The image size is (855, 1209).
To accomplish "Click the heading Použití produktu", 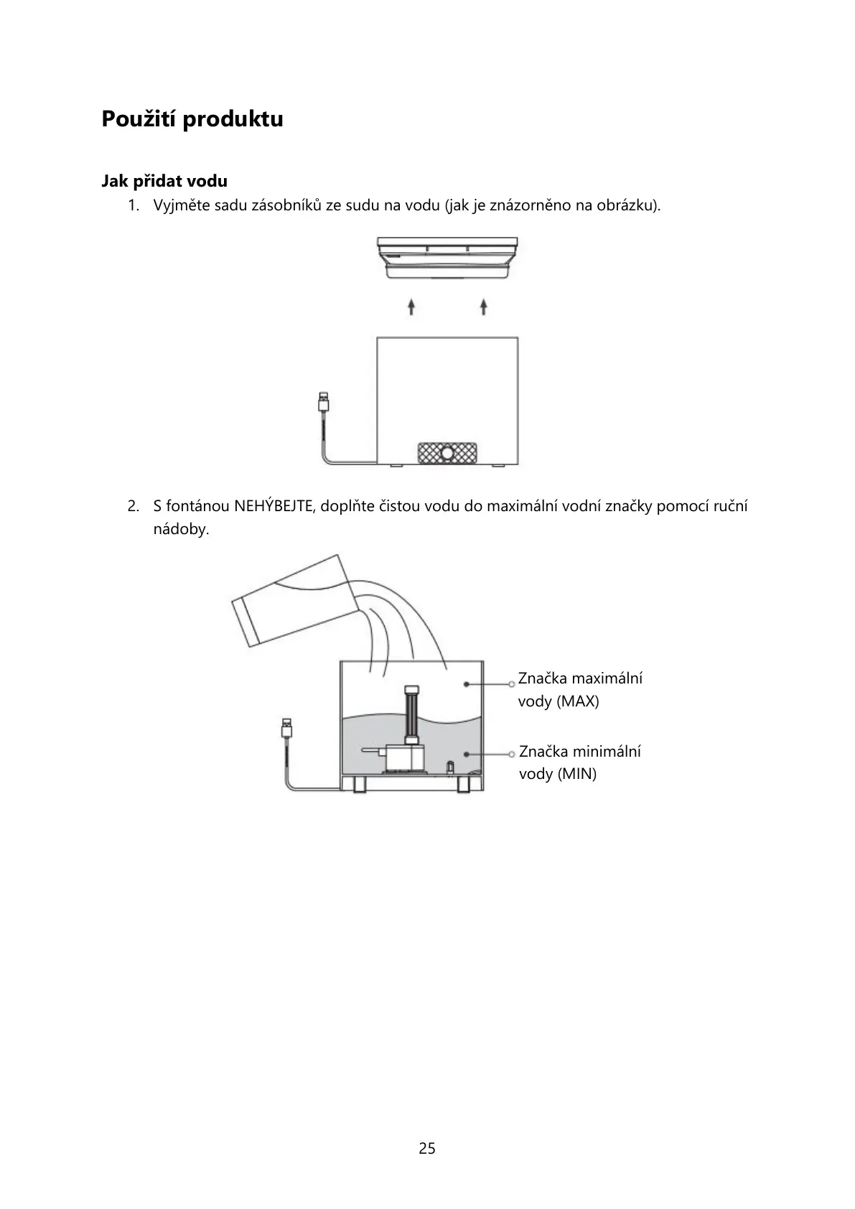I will click(192, 118).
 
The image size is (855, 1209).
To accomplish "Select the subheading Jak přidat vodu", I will click(164, 181).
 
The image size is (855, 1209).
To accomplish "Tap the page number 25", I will click(427, 1148).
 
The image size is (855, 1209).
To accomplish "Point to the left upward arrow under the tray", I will click(411, 307).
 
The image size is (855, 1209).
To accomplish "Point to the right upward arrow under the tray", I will click(484, 307).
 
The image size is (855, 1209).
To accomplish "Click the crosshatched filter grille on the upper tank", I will click(447, 453).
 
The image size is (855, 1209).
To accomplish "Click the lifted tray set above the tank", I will click(447, 257).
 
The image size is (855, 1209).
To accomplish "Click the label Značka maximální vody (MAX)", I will click(580, 689).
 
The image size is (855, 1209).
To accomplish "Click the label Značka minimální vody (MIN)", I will click(579, 762).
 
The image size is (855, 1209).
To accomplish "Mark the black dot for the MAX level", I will click(467, 684).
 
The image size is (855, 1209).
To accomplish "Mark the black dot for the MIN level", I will click(467, 754).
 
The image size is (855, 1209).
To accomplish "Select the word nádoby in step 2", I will click(180, 530).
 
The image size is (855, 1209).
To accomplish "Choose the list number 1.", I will click(133, 205).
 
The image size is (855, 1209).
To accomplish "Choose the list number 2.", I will click(133, 506).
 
